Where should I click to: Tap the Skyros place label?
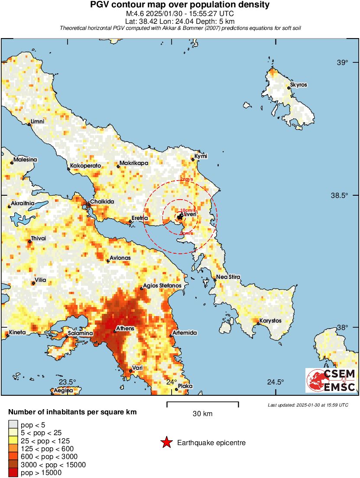pyautogui.click(x=299, y=85)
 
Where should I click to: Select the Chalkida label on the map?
pyautogui.click(x=102, y=202)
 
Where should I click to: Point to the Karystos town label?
pyautogui.click(x=271, y=321)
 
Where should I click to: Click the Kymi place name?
pyautogui.click(x=201, y=156)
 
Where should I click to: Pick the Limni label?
pyautogui.click(x=37, y=122)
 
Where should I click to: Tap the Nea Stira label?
pyautogui.click(x=228, y=277)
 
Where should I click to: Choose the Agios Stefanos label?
pyautogui.click(x=165, y=286)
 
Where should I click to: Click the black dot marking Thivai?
pyautogui.click(x=30, y=242)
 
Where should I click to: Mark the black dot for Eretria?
pyautogui.click(x=130, y=222)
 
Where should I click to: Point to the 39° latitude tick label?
pyautogui.click(x=342, y=63)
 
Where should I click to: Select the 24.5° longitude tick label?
pyautogui.click(x=276, y=382)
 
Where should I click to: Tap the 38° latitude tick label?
pyautogui.click(x=342, y=327)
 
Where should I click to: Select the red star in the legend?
pyautogui.click(x=166, y=442)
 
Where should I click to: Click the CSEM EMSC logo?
pyautogui.click(x=331, y=380)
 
